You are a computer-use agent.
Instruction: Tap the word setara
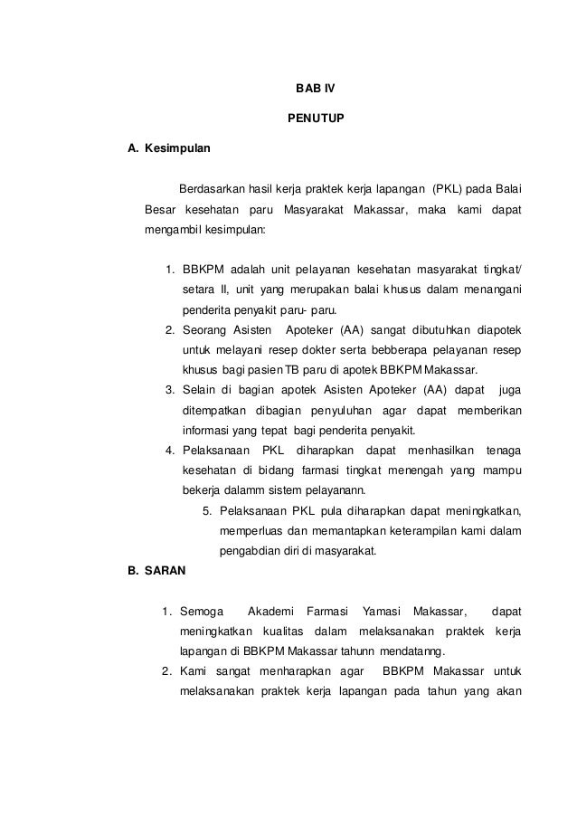(198, 290)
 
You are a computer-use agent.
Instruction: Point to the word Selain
(199, 390)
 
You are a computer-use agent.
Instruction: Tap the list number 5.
(206, 511)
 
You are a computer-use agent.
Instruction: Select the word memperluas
(250, 531)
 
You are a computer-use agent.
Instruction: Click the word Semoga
(202, 613)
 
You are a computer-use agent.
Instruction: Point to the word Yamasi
(381, 613)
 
